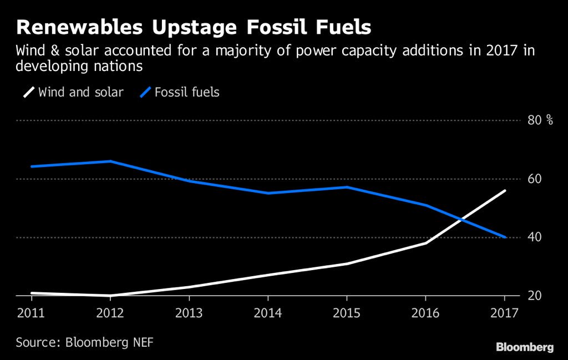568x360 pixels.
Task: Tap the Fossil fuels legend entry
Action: coord(180,92)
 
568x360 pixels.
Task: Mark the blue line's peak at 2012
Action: coord(110,161)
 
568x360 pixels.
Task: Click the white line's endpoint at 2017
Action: coord(505,191)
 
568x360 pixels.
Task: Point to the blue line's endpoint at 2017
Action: coord(505,237)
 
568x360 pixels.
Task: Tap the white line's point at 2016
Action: coord(426,243)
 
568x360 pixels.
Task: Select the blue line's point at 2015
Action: coord(347,187)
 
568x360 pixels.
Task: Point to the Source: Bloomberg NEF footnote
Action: coord(84,342)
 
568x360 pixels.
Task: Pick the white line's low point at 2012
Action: coord(110,296)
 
